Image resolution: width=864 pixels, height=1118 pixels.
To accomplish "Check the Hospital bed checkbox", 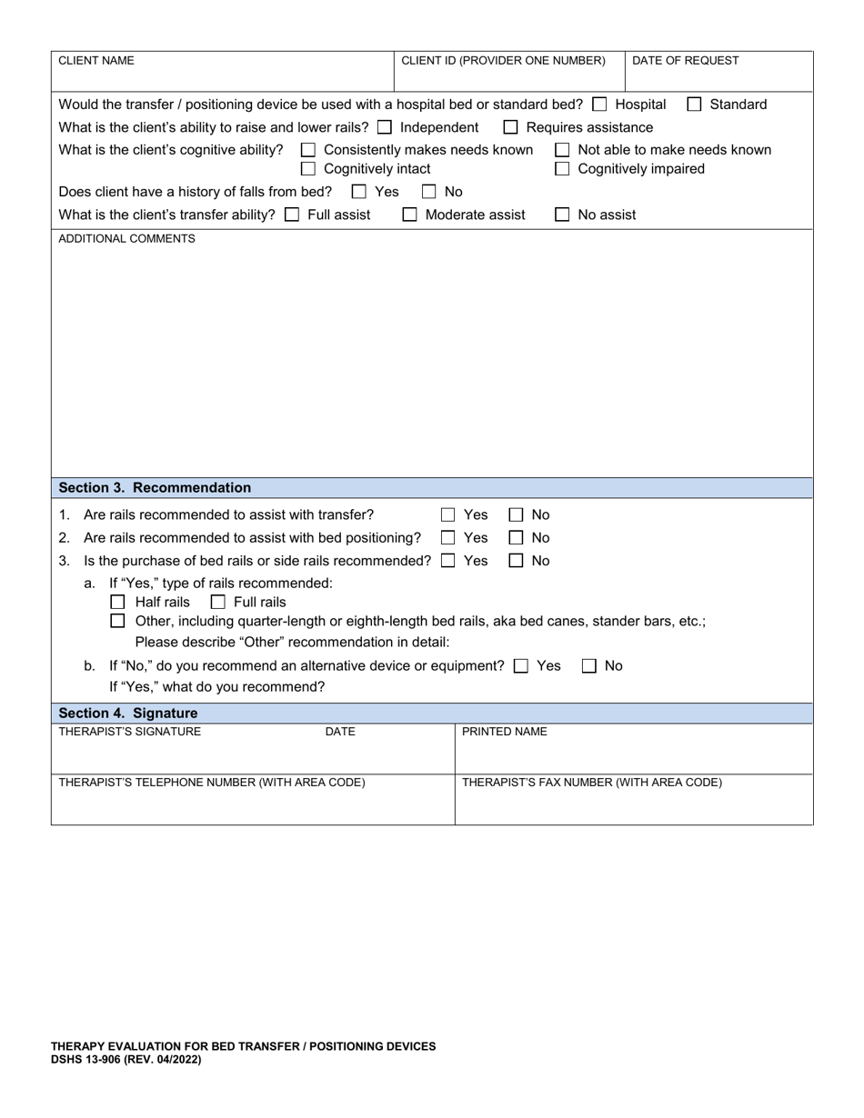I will (x=599, y=105).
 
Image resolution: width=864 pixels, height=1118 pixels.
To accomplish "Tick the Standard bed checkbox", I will (x=694, y=105).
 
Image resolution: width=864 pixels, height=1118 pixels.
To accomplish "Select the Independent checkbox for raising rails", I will (x=385, y=127).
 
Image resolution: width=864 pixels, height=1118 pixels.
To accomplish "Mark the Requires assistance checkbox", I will (x=511, y=127).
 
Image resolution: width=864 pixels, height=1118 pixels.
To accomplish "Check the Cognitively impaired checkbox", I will (x=562, y=169).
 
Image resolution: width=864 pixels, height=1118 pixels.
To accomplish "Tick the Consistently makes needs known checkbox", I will (x=308, y=150).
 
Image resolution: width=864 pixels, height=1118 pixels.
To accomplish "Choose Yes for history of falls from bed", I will (x=359, y=192).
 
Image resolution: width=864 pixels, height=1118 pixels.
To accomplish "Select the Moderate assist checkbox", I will (x=410, y=215).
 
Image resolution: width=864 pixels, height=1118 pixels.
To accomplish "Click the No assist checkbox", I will (x=562, y=215).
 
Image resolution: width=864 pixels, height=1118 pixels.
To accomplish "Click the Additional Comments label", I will (x=126, y=239).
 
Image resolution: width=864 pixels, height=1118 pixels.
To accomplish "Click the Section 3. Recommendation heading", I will (x=155, y=488).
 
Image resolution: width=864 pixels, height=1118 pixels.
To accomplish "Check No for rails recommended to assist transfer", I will (x=516, y=515).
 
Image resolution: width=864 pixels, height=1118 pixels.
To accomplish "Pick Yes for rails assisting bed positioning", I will (x=448, y=538).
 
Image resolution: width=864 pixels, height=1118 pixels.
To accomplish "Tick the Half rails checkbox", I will (x=117, y=603).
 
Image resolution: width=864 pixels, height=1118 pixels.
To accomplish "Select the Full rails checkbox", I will (x=217, y=603).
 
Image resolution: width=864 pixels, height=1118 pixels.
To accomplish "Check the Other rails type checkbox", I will (x=117, y=622).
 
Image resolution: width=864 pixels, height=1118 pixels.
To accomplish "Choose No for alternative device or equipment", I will (x=589, y=666).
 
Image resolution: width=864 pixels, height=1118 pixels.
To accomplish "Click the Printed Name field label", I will (x=505, y=732).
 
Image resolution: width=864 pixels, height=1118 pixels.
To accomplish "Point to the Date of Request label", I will (x=685, y=61).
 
